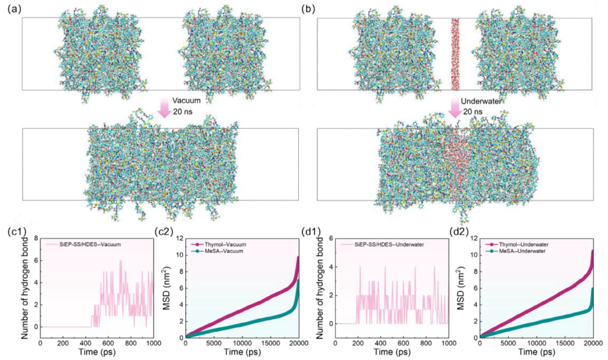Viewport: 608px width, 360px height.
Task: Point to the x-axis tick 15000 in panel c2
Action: click(x=270, y=344)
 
